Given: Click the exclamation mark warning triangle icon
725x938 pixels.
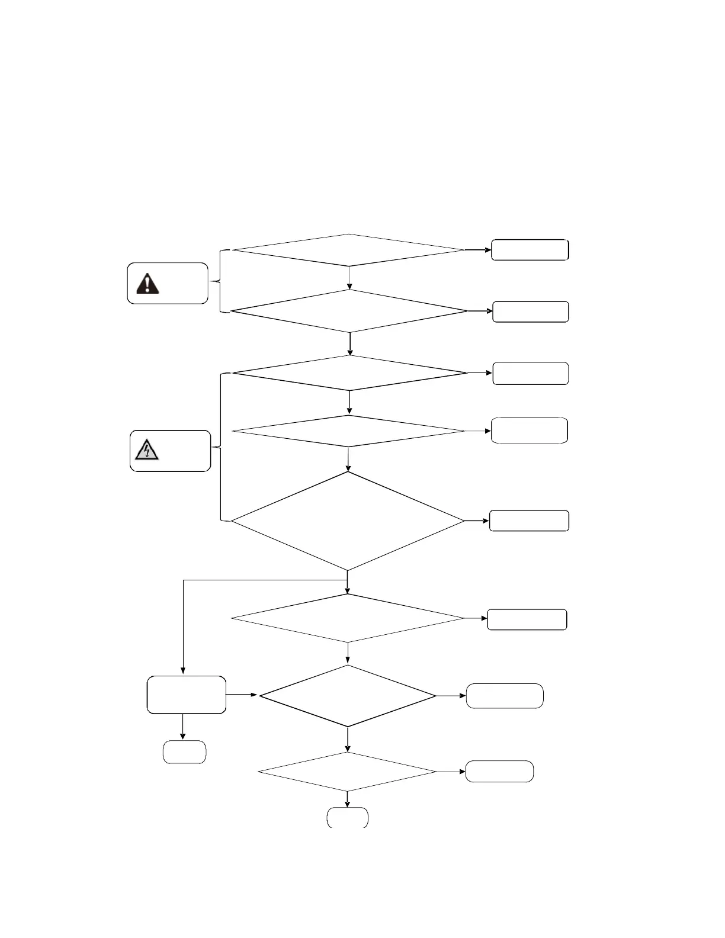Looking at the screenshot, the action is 147,283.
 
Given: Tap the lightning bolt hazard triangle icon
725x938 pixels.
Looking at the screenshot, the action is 146,451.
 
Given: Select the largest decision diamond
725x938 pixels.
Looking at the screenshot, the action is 348,521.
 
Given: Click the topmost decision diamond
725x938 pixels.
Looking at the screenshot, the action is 349,250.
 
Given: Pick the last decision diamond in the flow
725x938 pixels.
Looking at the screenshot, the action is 347,772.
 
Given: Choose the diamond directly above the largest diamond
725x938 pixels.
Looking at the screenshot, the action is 348,431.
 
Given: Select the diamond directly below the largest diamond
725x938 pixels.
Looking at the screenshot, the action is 348,618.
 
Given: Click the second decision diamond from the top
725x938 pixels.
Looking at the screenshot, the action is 349,311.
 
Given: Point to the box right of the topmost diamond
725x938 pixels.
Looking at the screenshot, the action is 530,250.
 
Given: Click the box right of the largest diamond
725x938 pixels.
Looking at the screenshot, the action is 529,521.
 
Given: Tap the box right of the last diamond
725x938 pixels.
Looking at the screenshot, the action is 499,772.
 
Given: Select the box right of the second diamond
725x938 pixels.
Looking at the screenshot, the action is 531,311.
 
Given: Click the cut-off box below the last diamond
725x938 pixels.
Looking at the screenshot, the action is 348,817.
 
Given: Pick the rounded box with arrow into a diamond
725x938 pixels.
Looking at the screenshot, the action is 186,695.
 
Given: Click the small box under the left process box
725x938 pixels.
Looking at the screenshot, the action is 184,752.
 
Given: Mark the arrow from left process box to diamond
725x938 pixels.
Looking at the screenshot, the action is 242,695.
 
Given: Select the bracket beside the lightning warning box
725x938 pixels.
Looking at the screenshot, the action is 221,447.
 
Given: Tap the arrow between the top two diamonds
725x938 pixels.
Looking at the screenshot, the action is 349,278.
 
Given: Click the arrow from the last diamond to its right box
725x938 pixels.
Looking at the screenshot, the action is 451,772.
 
